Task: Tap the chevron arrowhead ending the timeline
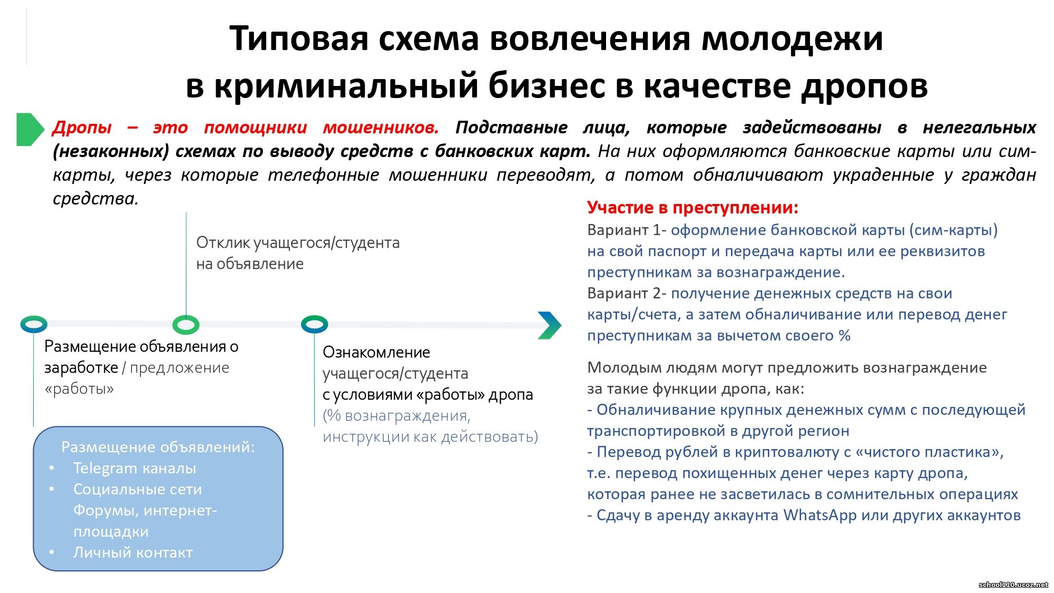click(x=550, y=325)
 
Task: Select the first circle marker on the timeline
click(x=34, y=324)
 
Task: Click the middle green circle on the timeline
click(x=186, y=325)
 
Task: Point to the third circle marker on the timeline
click(x=315, y=324)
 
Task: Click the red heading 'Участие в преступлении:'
click(x=692, y=208)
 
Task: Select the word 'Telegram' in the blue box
click(x=105, y=468)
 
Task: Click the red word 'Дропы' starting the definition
click(x=82, y=128)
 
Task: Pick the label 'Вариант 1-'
click(x=627, y=230)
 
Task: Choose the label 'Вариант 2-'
click(x=627, y=293)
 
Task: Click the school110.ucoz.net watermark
click(x=1013, y=585)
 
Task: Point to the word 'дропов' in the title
click(x=864, y=85)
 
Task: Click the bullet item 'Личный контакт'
click(x=133, y=552)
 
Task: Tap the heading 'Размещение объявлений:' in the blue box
click(x=158, y=447)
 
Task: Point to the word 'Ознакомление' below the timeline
click(x=376, y=352)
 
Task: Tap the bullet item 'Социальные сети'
click(x=138, y=489)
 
